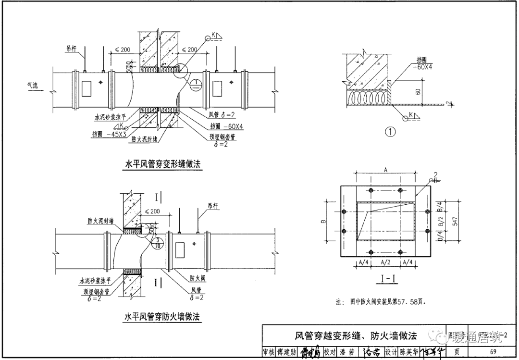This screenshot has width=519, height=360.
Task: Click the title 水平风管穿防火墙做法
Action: click(162, 317)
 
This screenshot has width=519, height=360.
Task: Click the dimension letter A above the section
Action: click(385, 168)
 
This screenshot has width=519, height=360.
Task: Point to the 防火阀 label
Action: click(198, 279)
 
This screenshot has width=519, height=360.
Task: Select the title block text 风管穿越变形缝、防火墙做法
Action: click(356, 335)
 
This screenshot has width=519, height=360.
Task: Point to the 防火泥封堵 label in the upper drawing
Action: click(147, 139)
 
